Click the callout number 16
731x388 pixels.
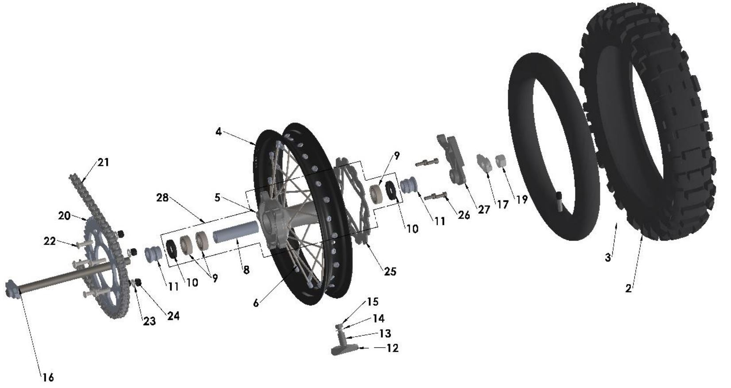click(x=48, y=377)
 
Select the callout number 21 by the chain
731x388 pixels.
click(x=103, y=162)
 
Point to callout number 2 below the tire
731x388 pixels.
click(x=629, y=289)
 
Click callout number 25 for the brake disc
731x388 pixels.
click(x=390, y=271)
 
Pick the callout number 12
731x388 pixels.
click(x=392, y=348)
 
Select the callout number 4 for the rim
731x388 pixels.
click(x=219, y=131)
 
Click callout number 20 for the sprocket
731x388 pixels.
click(x=64, y=215)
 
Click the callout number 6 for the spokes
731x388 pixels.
click(x=256, y=303)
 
